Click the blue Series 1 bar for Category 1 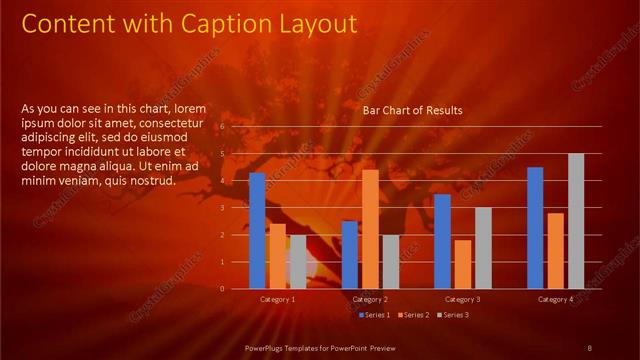click(x=257, y=230)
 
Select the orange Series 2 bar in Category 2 click(x=370, y=229)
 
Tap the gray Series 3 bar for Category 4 click(x=576, y=221)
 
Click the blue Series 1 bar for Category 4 click(x=535, y=227)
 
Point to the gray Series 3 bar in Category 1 click(x=298, y=262)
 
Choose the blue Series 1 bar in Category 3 click(x=442, y=241)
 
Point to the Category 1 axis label click(x=277, y=299)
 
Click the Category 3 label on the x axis click(x=462, y=299)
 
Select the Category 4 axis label click(x=555, y=299)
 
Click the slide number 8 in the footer click(x=589, y=347)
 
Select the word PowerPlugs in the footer click(x=268, y=347)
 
